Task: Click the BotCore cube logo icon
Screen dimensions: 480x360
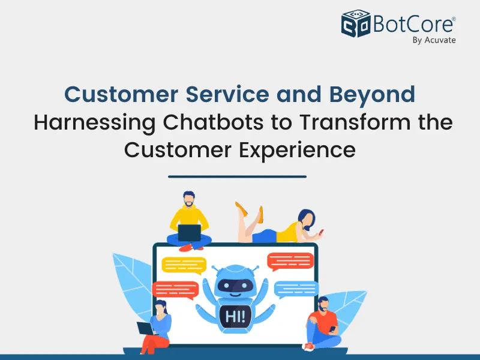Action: (356, 23)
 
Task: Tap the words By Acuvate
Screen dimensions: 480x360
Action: (434, 40)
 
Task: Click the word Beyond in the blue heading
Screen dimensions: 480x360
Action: (372, 95)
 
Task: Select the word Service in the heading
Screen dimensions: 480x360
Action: (227, 94)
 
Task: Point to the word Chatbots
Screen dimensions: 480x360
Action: (213, 122)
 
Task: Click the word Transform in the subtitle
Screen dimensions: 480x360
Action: (355, 122)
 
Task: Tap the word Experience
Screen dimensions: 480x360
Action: (297, 151)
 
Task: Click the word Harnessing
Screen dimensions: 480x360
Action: (94, 123)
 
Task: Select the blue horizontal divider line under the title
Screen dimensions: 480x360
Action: (237, 176)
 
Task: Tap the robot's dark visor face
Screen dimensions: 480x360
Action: (235, 286)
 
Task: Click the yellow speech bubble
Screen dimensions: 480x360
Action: (184, 265)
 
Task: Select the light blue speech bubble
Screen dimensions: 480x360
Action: (296, 289)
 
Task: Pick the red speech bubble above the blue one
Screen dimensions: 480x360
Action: (290, 262)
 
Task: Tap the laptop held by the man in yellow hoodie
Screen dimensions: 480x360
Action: (190, 233)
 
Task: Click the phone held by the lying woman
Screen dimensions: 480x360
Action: (321, 232)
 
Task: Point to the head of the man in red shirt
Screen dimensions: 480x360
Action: (323, 304)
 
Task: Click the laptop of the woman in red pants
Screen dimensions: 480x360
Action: (145, 328)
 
